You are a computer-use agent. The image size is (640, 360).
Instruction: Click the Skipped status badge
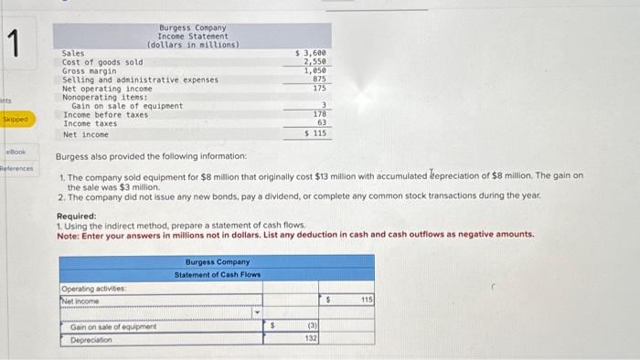[16, 120]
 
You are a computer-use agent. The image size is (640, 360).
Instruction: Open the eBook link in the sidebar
[16, 151]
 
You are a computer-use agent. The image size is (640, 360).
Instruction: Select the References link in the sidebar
[16, 168]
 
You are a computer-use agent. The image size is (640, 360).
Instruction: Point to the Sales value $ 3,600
[311, 54]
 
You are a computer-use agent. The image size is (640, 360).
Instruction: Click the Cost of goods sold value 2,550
[315, 62]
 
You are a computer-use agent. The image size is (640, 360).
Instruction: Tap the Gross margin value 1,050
[315, 70]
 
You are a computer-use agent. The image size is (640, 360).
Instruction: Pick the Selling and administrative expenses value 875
[319, 79]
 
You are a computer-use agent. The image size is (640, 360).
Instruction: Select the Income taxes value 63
[322, 122]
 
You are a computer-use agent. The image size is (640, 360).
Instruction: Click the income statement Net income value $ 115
[315, 133]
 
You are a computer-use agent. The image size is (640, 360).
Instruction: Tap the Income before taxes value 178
[320, 114]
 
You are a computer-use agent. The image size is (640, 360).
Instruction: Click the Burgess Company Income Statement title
[193, 37]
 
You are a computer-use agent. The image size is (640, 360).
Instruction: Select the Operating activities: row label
[94, 289]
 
